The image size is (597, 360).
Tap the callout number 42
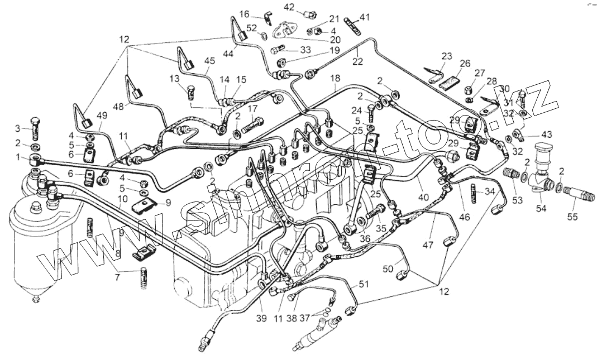tap(289, 7)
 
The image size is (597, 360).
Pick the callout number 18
tap(335, 78)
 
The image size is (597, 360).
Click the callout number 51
tap(364, 285)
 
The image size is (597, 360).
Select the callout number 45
tap(209, 60)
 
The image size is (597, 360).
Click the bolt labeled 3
tap(37, 128)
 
